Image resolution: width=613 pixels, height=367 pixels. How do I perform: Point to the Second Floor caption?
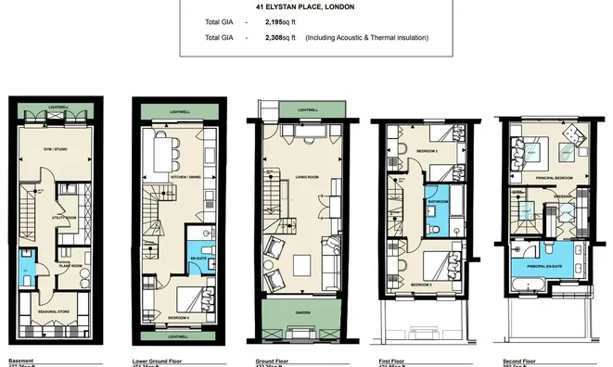coord(517,361)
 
